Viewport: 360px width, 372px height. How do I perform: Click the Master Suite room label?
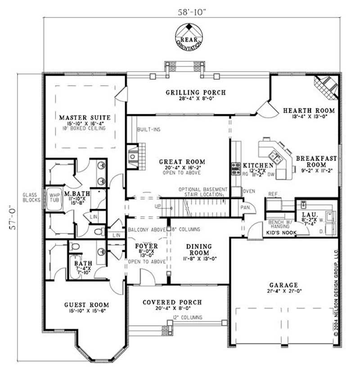pyautogui.click(x=84, y=118)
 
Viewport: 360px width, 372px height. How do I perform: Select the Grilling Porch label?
pyautogui.click(x=195, y=93)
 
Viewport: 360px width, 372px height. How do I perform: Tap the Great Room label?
pyautogui.click(x=182, y=161)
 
